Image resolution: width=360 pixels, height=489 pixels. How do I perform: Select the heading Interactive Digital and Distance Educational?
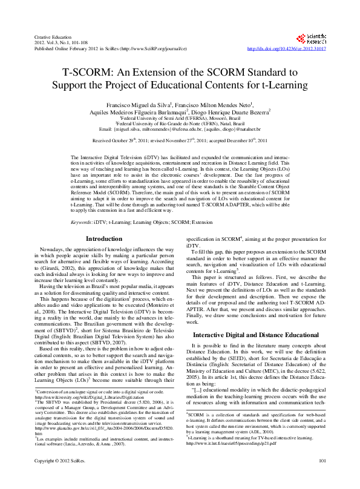256,334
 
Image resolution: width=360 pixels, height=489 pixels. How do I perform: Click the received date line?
180,140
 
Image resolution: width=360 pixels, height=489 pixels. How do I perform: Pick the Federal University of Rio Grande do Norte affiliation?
180,123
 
